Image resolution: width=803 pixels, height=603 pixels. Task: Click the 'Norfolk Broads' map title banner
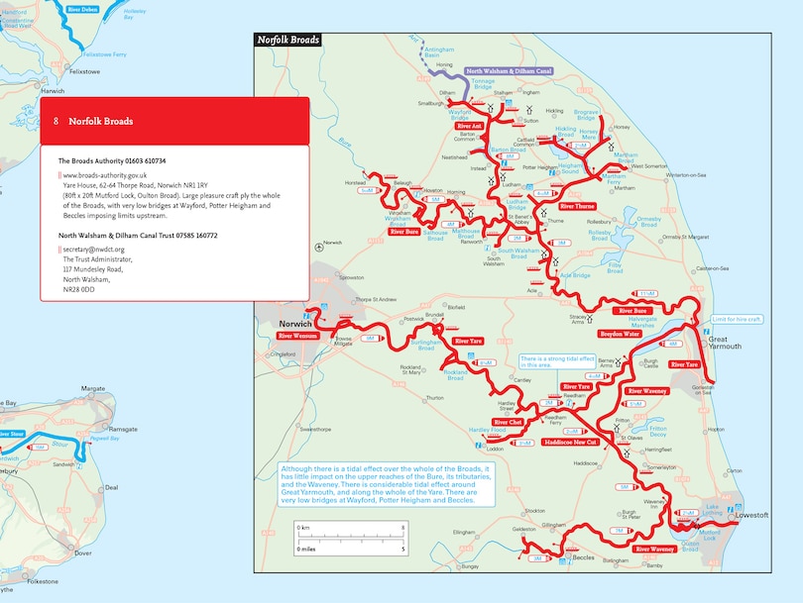(287, 40)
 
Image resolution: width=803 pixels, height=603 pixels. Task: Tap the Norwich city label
(296, 324)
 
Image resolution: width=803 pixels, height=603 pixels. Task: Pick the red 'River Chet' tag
(508, 423)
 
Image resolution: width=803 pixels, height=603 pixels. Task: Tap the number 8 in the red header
(57, 122)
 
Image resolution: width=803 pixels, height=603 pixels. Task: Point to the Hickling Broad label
(565, 132)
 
